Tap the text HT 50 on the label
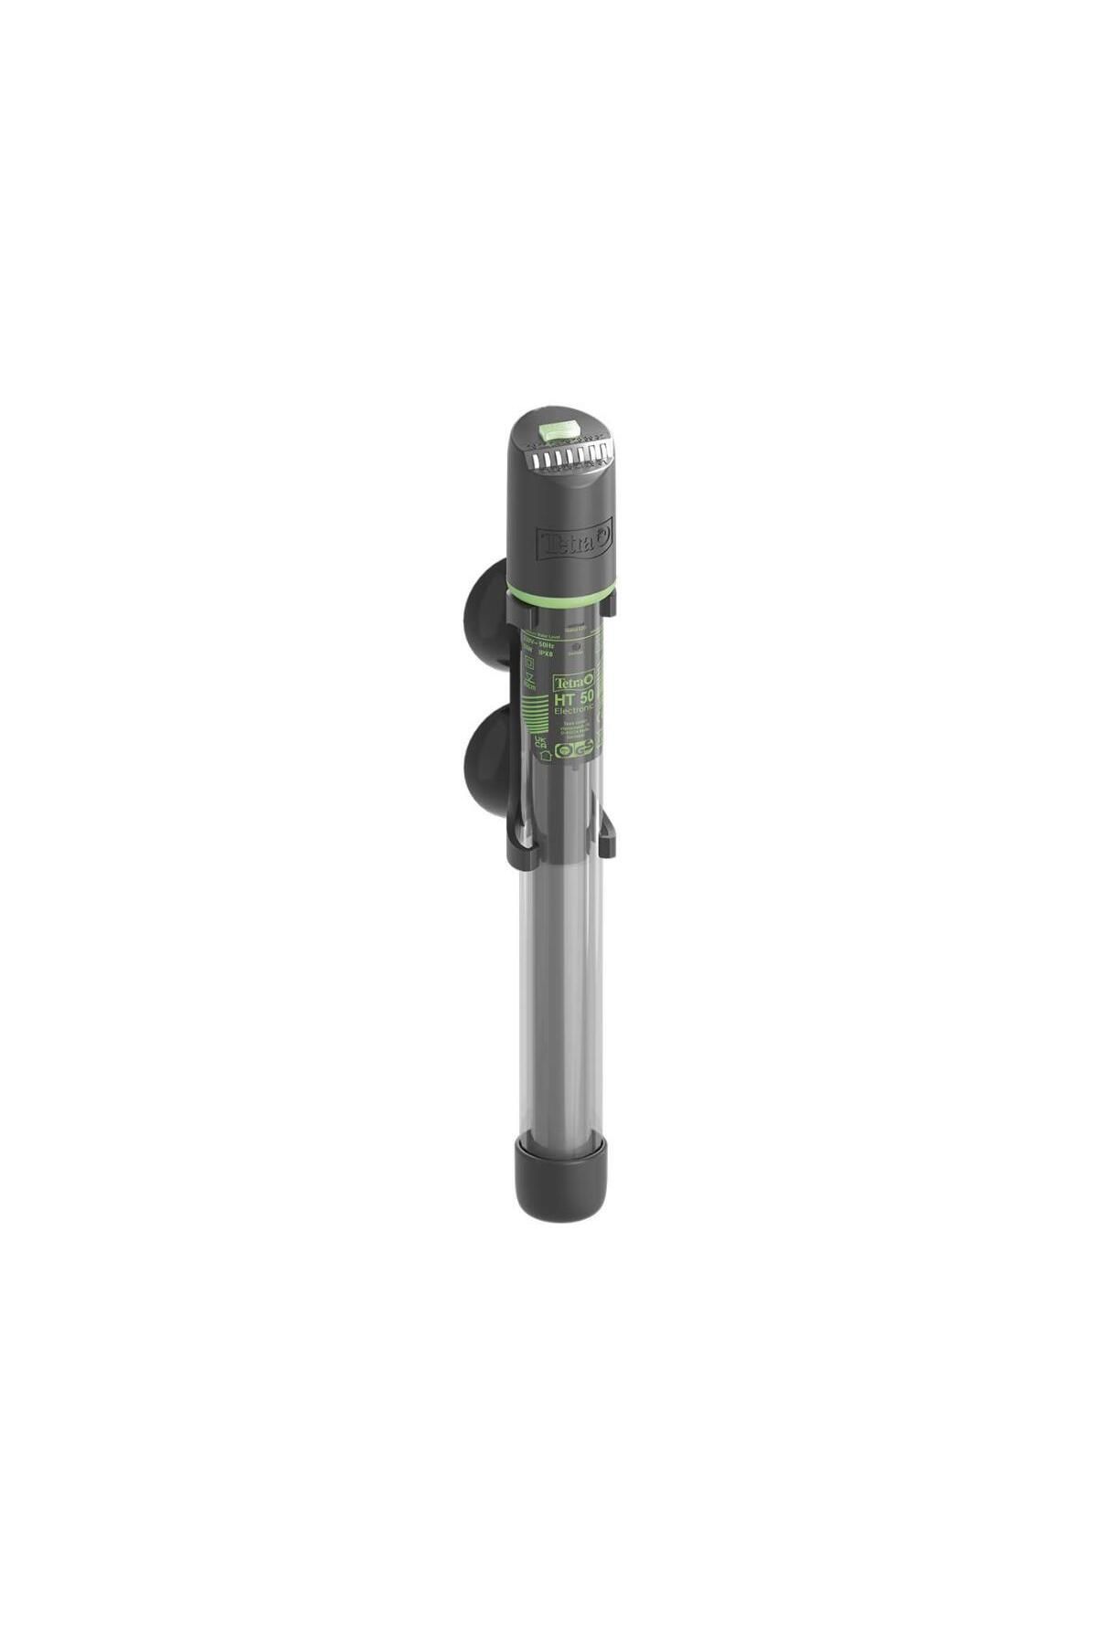click(573, 701)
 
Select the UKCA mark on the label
click(540, 744)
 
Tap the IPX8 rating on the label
click(547, 654)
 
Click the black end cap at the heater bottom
click(559, 1175)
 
